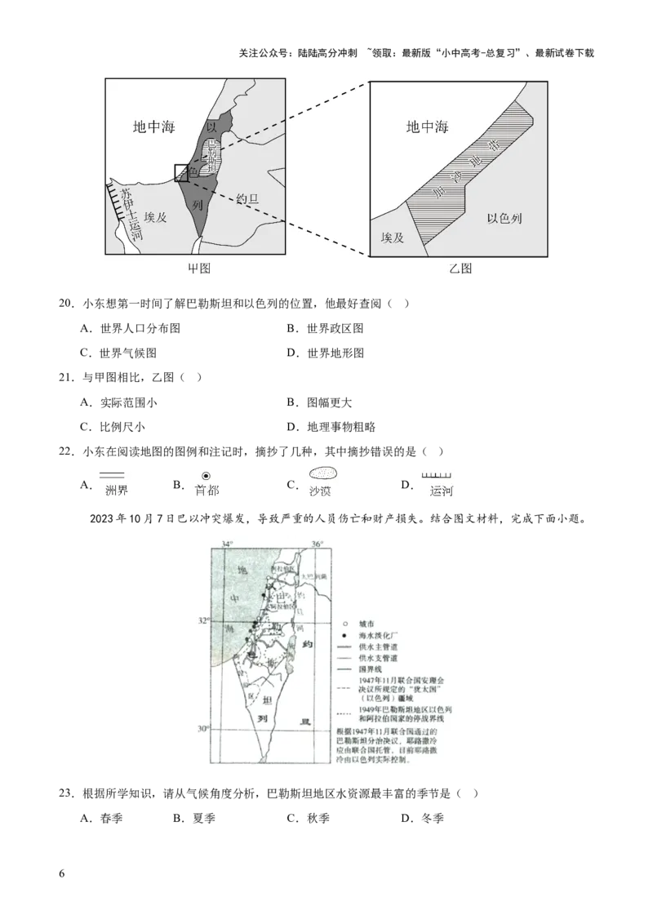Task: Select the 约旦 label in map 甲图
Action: coord(247,198)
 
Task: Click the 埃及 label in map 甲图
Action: coord(155,216)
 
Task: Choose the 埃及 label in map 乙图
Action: coord(393,238)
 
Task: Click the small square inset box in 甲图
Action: coord(181,172)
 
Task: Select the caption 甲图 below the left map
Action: coord(199,269)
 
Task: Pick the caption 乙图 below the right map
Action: coord(460,269)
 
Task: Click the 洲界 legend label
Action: coord(118,491)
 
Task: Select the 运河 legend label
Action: coord(442,491)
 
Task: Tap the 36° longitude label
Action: coord(317,544)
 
